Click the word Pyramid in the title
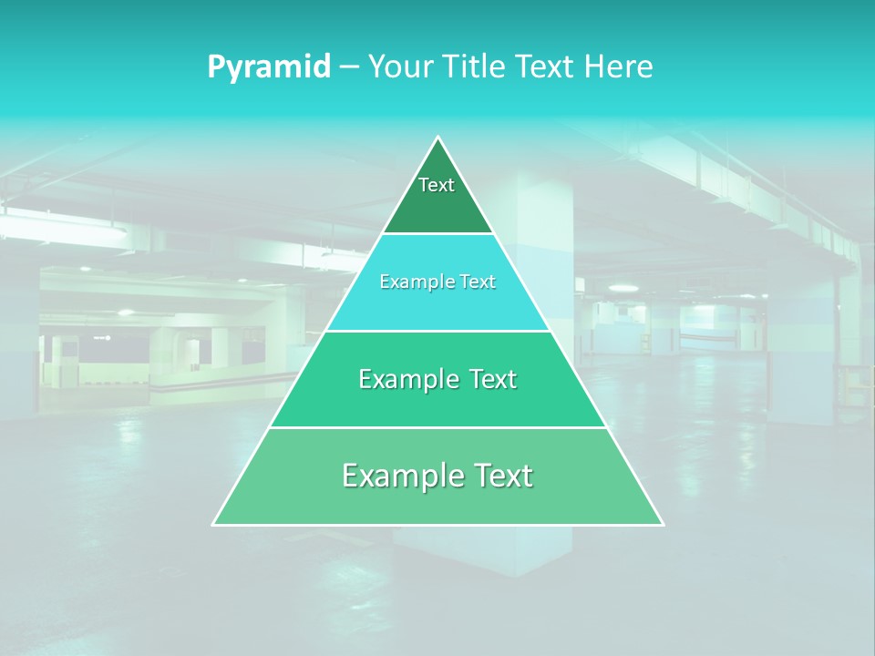268,67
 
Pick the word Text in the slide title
546,67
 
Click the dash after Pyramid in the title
349,67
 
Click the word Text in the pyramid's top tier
437,185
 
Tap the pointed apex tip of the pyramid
438,138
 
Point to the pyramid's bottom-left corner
213,524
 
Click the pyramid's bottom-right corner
663,524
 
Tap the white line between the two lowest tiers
438,427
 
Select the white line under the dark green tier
438,233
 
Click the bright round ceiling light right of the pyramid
623,288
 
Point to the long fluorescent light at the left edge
64,227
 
